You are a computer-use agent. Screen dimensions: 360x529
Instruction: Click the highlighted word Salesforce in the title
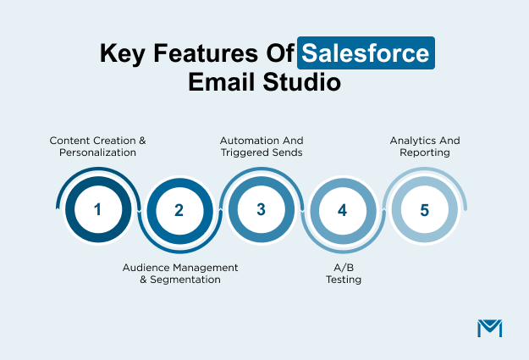367,54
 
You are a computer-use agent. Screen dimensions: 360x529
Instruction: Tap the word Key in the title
121,54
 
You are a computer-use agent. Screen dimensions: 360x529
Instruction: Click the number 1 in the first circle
97,209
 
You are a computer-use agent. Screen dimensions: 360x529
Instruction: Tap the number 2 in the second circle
179,211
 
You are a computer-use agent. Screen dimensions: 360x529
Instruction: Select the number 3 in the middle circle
261,209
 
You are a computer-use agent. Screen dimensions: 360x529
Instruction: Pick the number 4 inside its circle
342,211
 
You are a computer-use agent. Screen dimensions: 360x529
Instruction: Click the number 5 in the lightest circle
423,209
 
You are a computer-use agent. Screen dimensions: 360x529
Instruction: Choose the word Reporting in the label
425,152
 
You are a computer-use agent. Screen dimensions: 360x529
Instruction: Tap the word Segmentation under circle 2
185,280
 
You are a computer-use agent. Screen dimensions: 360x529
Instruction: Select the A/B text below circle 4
342,267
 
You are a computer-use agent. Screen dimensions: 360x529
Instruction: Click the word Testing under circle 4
342,280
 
